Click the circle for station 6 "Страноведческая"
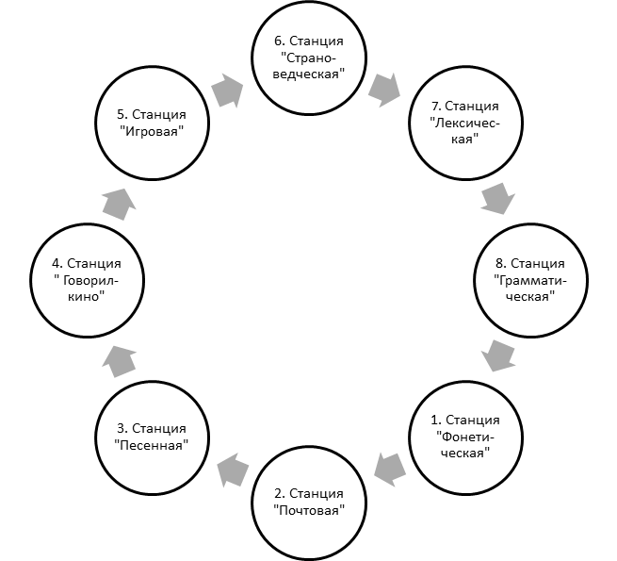pos(309,3)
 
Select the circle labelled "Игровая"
pos(153,67)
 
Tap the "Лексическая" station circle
pos(466,67)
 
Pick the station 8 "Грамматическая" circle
pos(531,223)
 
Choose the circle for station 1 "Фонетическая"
pos(466,381)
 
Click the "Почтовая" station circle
pos(309,446)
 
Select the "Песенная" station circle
pos(153,381)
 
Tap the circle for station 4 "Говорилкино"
pos(87,223)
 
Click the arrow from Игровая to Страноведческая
pos(227,91)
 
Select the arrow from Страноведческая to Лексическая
pos(384,90)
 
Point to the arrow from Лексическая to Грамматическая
pos(497,198)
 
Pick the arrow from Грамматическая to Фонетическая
pos(498,355)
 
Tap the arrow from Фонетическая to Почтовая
pos(390,470)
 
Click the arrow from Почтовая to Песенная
pos(233,470)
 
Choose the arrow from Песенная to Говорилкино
pos(120,361)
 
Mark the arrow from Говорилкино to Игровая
pos(120,204)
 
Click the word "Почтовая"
pos(309,511)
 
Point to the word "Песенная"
pos(152,445)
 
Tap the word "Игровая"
pos(152,131)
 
